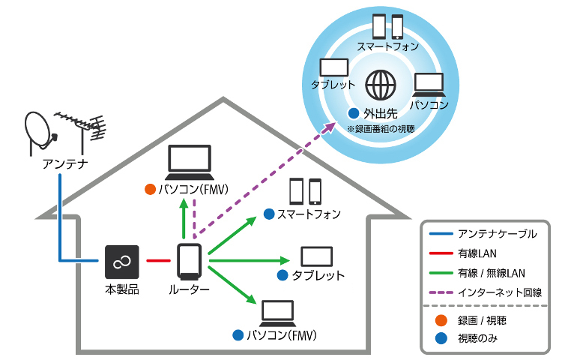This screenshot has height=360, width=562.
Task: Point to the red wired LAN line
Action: click(x=158, y=261)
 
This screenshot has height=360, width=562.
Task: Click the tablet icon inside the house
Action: click(x=316, y=256)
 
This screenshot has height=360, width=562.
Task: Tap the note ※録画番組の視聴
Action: click(x=379, y=129)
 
